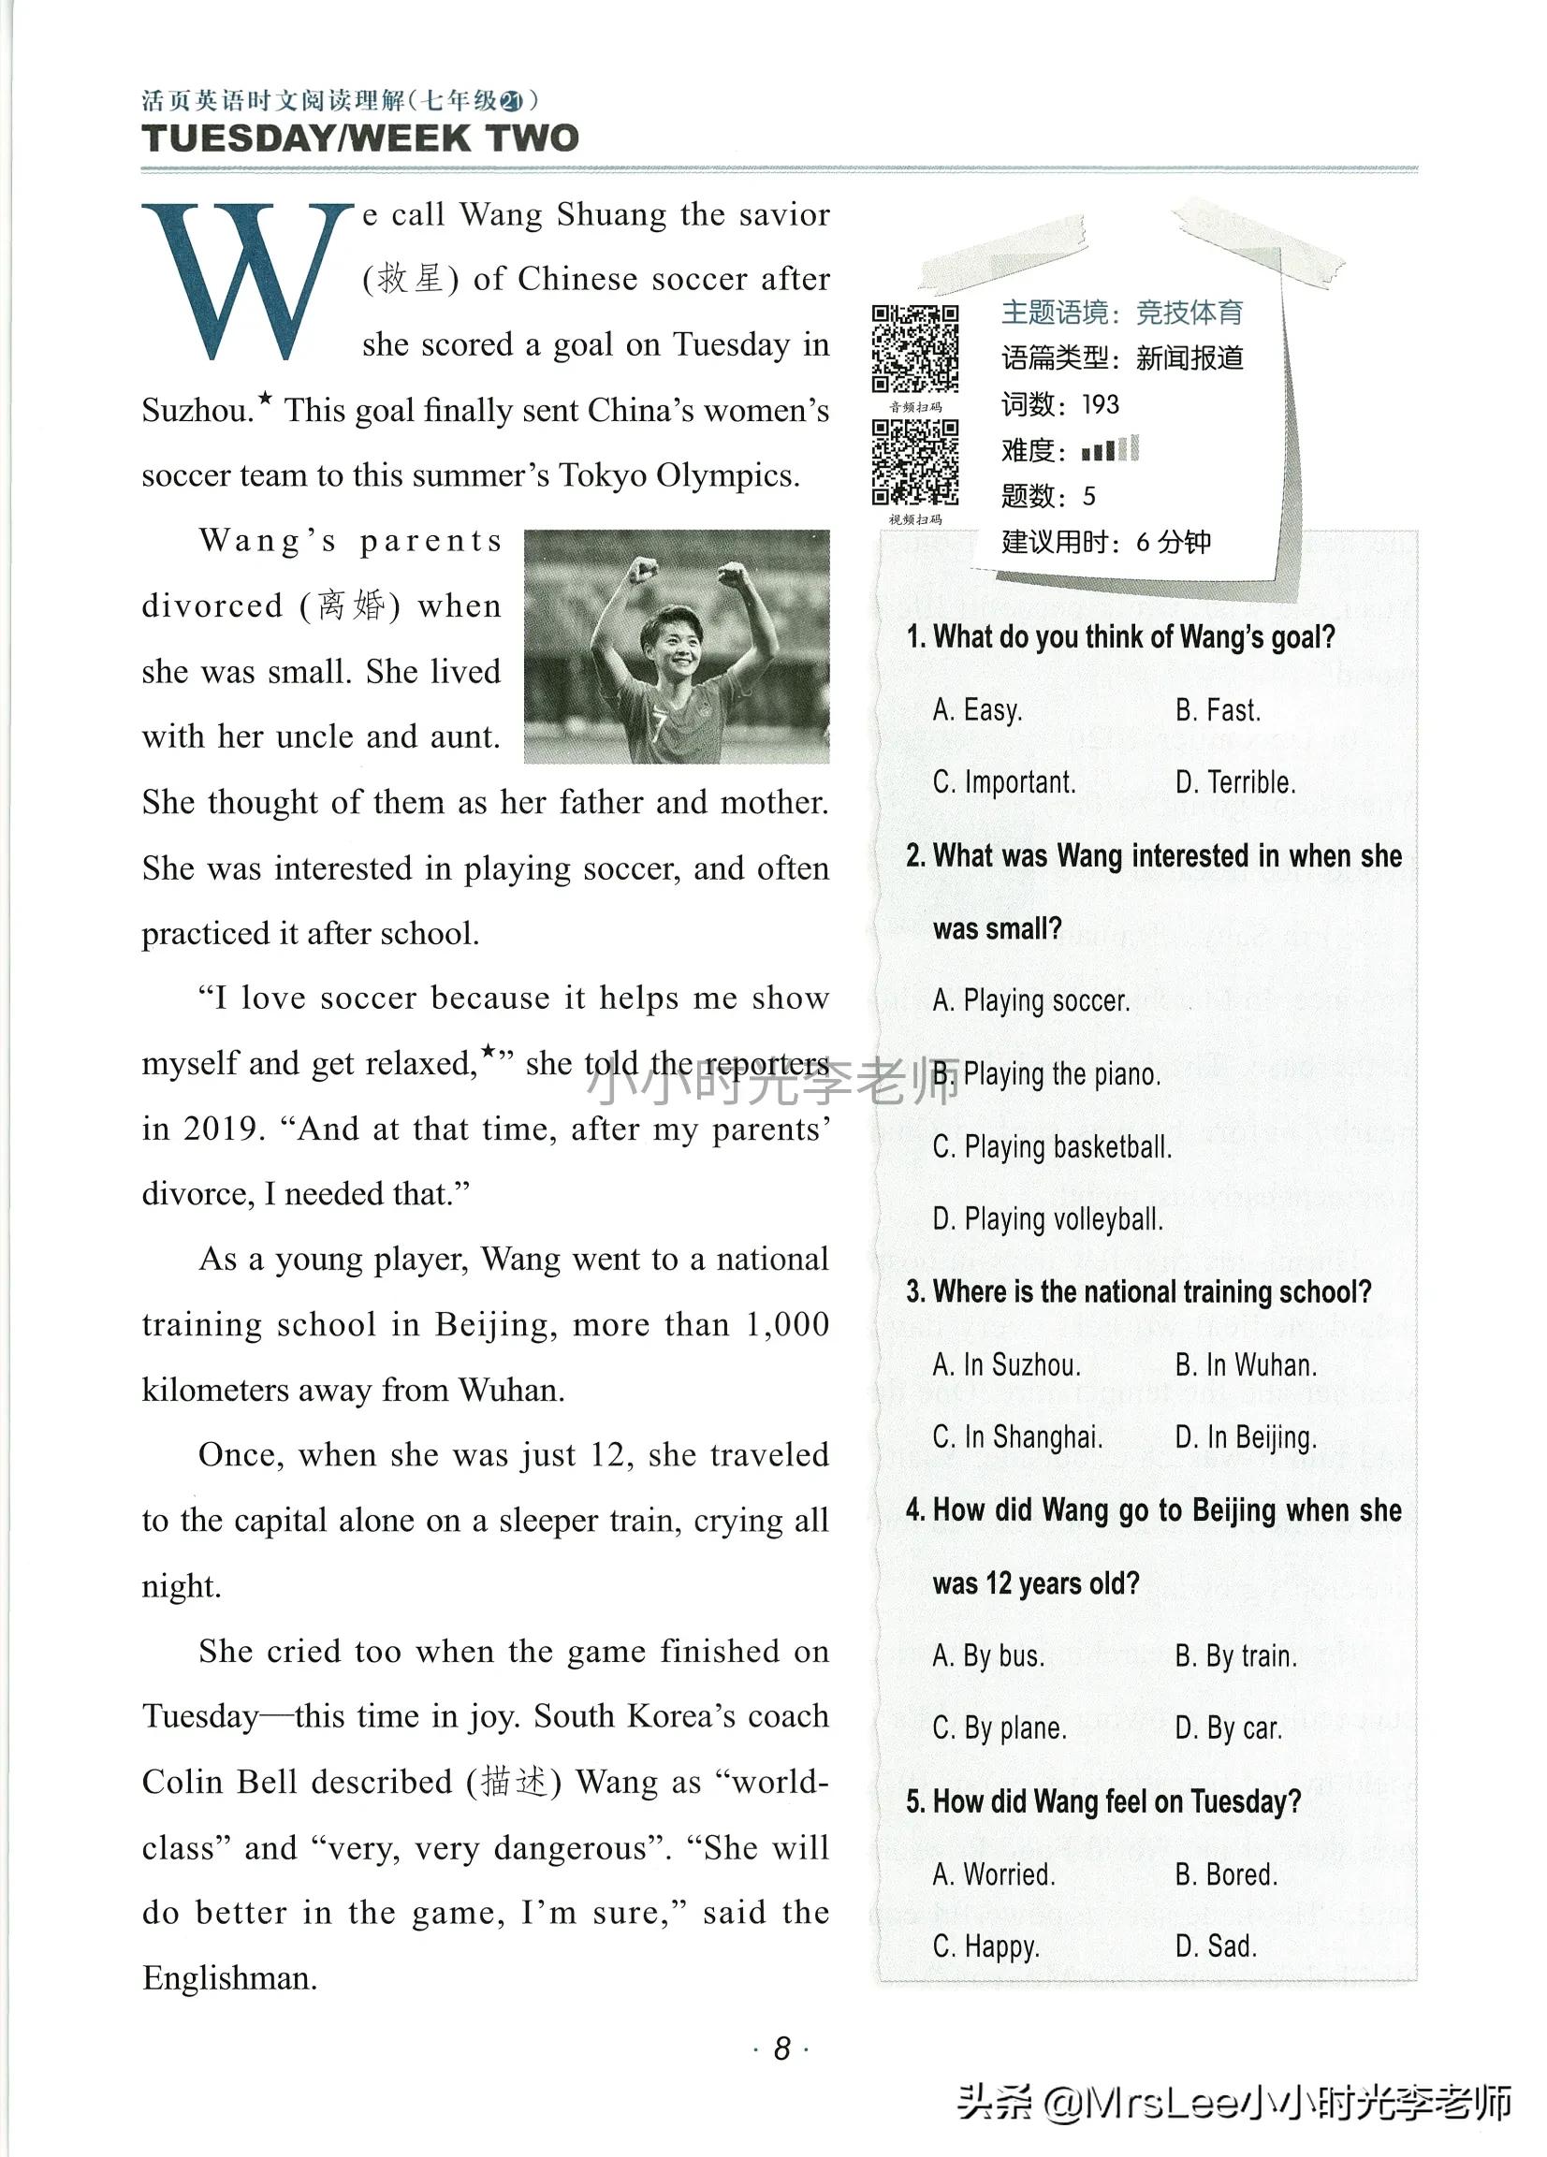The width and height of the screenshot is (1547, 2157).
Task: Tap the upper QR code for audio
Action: (914, 348)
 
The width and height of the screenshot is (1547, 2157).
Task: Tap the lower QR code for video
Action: (914, 462)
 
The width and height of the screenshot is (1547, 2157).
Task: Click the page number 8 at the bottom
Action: (781, 2048)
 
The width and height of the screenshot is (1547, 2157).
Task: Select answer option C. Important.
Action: (1004, 782)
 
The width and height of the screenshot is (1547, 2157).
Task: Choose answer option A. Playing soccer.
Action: (1031, 1000)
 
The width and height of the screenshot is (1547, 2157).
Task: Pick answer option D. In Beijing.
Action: (1246, 1437)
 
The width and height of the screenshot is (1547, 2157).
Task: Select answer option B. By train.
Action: (1236, 1655)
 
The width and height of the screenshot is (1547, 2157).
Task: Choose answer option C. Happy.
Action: (985, 1946)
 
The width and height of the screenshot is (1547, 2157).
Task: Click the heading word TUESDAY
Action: (238, 138)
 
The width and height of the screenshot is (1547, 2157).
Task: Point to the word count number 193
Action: (1100, 405)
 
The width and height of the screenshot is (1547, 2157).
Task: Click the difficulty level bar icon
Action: (1109, 449)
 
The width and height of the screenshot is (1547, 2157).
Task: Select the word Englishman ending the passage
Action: (229, 1978)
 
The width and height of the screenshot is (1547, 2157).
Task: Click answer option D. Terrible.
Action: (1235, 782)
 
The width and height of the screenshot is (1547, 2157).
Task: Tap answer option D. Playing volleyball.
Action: (1047, 1219)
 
